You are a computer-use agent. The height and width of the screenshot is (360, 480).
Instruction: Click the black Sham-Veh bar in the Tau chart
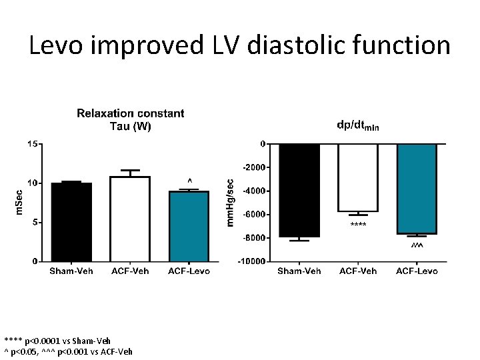point(71,222)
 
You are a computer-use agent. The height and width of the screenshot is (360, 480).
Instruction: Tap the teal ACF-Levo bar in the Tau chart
point(189,227)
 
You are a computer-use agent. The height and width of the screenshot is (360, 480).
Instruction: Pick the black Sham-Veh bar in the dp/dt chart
point(299,190)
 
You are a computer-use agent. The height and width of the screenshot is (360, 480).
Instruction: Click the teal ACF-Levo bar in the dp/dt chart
point(417,189)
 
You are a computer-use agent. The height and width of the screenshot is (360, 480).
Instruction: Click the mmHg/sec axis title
point(231,201)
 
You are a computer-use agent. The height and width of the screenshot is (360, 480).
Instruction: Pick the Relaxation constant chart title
point(130,120)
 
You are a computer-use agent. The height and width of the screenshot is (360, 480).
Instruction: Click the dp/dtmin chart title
point(358,126)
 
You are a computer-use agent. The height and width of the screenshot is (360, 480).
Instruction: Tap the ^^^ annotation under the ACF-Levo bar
point(417,247)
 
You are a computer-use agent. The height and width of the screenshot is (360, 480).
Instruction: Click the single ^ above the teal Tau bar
point(189,181)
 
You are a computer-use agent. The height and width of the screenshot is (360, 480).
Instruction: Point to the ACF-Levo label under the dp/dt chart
point(417,271)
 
